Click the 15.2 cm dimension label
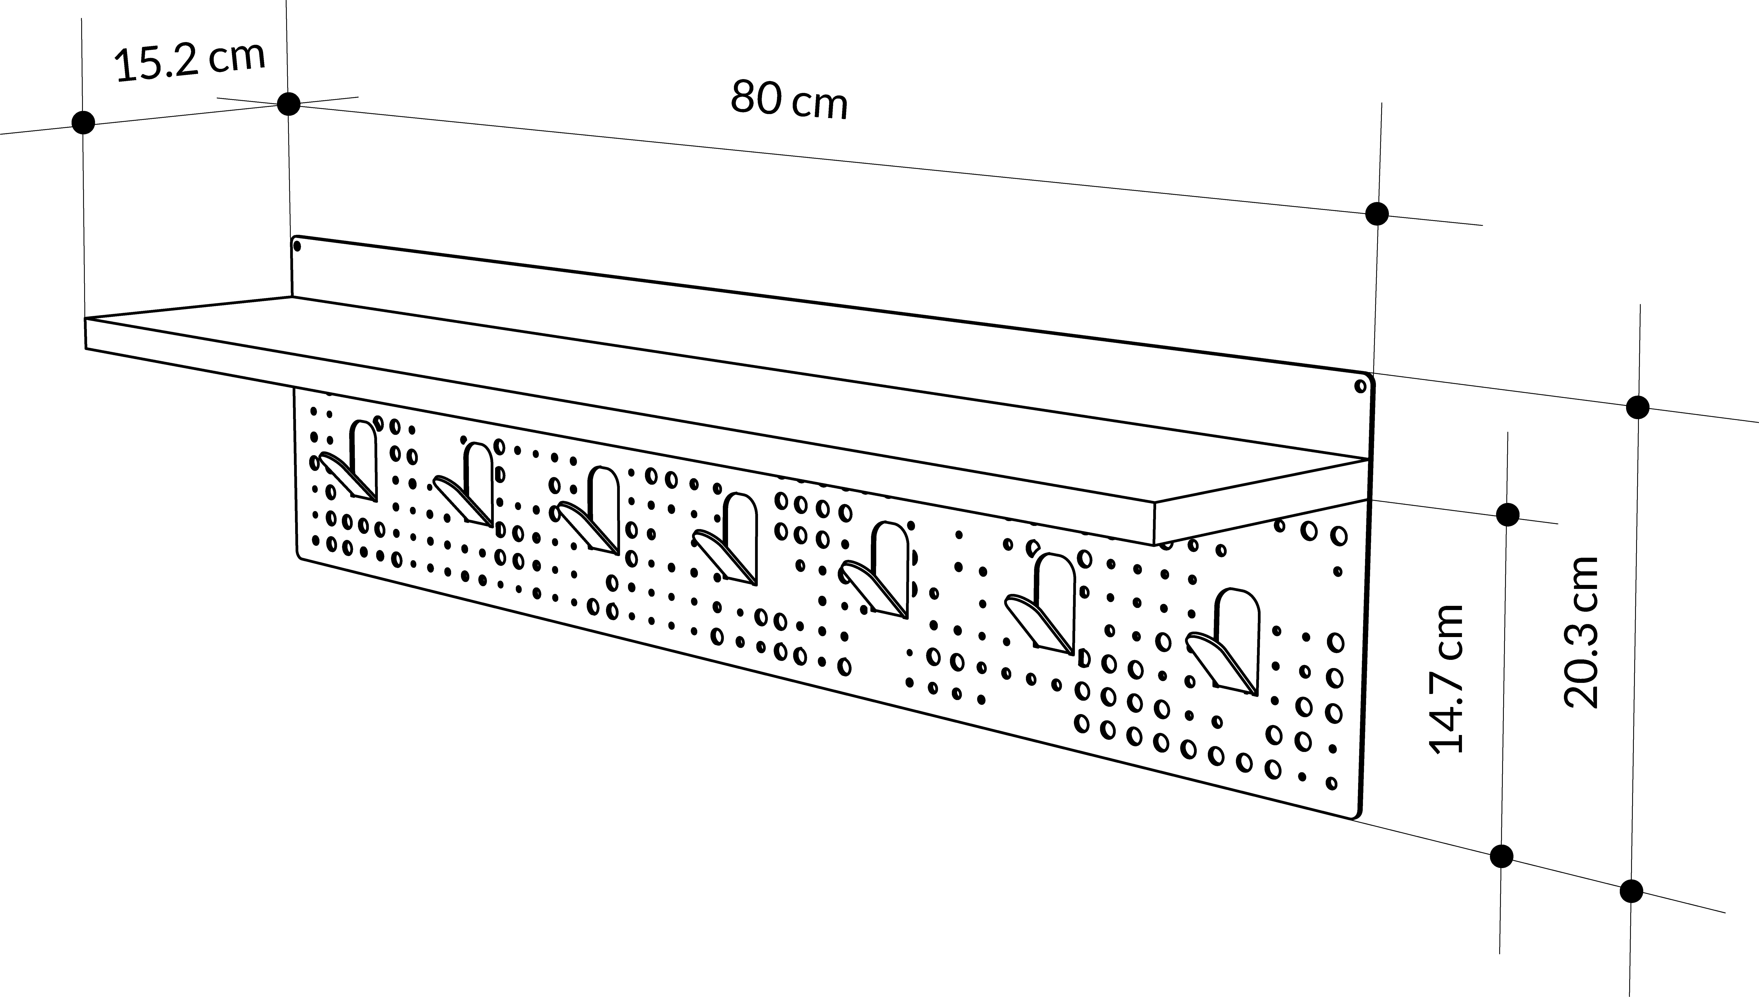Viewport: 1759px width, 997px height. (x=190, y=62)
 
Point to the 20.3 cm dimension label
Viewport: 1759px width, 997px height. (x=1582, y=631)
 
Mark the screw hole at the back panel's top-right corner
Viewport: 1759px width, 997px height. (x=1360, y=386)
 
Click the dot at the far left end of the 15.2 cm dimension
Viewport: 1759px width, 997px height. (x=84, y=123)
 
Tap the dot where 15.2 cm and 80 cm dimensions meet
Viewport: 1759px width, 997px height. (x=288, y=104)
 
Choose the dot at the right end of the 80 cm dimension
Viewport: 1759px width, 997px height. (x=1376, y=214)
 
